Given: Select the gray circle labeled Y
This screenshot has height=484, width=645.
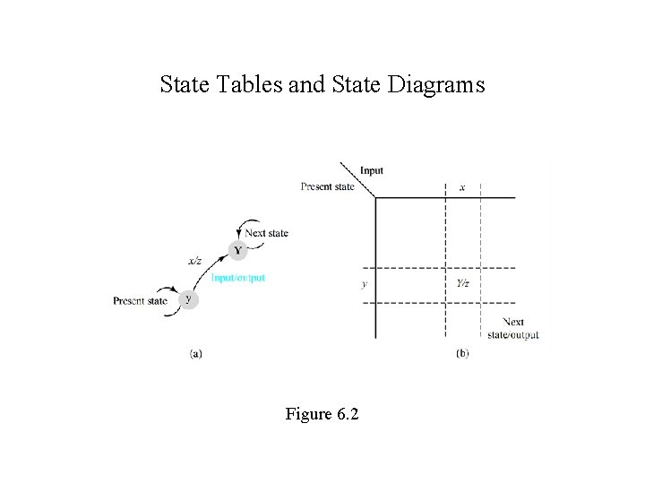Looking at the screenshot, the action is [236, 250].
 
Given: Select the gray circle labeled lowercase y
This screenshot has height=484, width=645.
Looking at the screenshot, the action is [187, 298].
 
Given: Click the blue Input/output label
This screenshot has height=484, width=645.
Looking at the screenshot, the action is [238, 278].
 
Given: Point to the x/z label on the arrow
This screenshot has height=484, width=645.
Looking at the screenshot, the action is [193, 262].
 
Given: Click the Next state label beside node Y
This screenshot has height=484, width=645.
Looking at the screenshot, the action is [267, 233].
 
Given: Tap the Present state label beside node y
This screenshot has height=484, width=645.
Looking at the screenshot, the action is [140, 301].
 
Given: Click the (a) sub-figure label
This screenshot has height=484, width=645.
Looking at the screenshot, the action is [195, 353].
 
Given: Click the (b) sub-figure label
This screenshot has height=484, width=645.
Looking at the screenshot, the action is [461, 353].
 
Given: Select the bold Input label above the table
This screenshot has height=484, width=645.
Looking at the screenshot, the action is [371, 170].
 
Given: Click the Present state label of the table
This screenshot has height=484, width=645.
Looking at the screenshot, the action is [328, 186].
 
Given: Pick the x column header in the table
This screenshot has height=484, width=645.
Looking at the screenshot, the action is [462, 187].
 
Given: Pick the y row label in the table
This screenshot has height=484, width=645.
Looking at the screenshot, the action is [364, 284].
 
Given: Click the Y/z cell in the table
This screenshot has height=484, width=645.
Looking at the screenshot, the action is [462, 284].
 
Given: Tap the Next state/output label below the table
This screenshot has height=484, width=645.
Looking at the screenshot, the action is [513, 328].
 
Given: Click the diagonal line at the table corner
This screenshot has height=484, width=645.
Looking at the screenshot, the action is [357, 179].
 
